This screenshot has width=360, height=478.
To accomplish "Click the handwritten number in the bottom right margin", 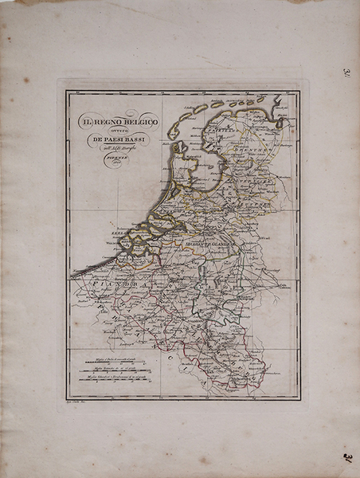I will click(348, 457).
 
